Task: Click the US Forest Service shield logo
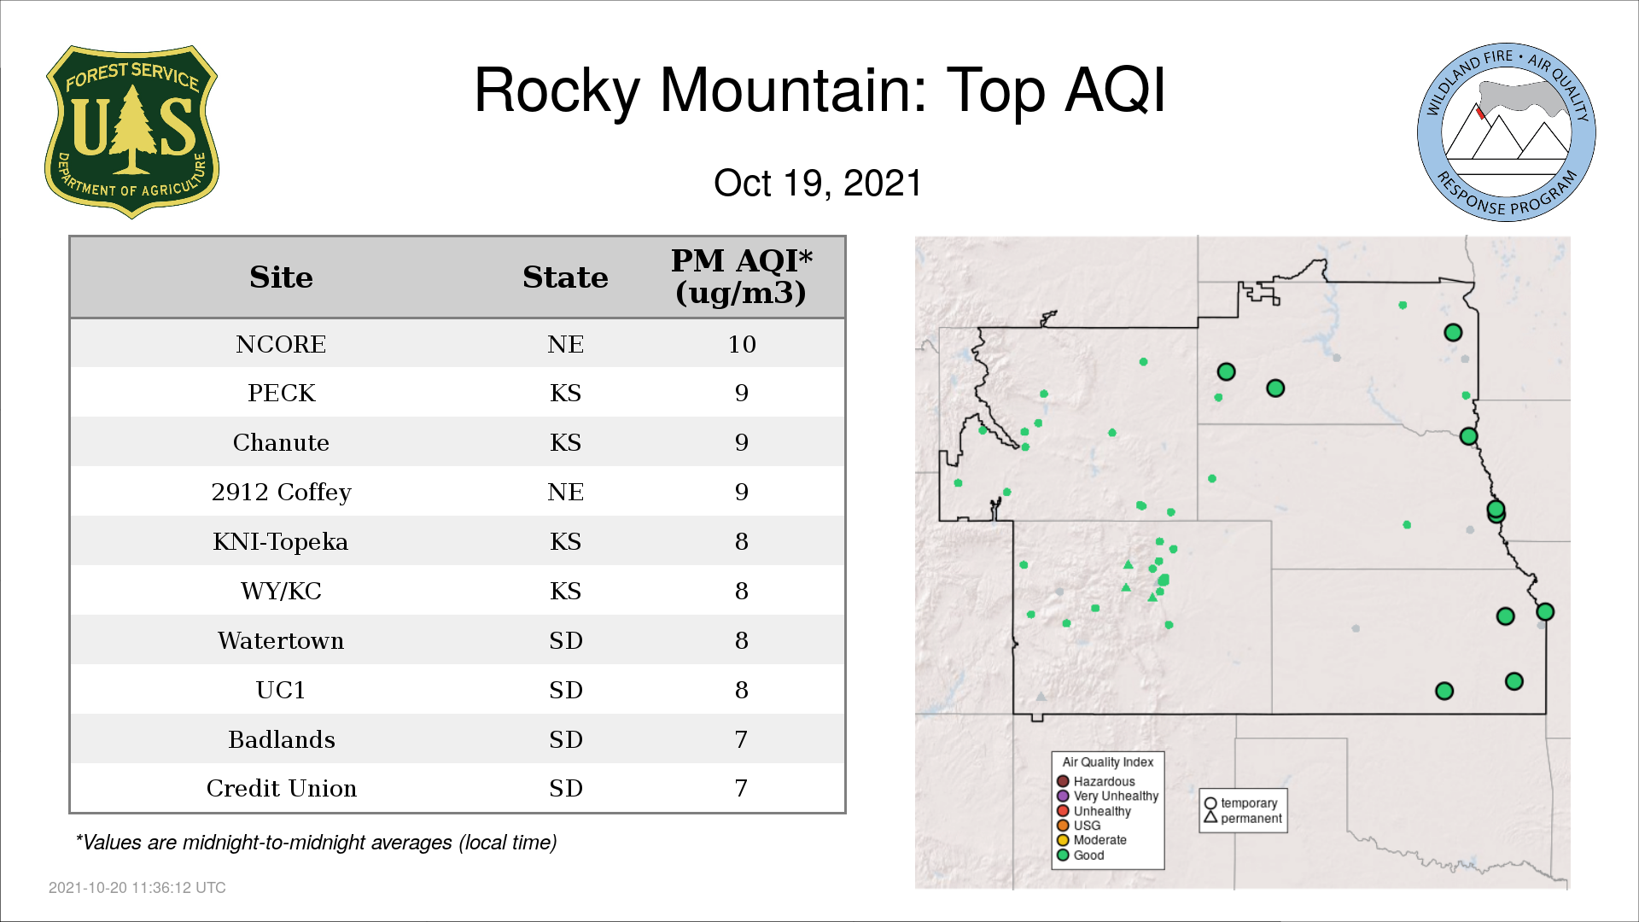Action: click(131, 132)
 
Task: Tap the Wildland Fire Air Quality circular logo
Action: click(1507, 132)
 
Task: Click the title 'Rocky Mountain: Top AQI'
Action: click(819, 90)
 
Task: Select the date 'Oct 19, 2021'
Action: click(818, 183)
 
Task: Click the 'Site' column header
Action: click(281, 277)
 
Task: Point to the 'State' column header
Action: click(565, 277)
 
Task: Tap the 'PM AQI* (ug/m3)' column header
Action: click(741, 277)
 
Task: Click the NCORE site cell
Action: click(281, 344)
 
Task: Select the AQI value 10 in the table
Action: click(742, 344)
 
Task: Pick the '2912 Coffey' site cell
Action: click(281, 493)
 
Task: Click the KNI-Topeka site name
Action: click(281, 542)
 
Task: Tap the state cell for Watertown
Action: click(565, 641)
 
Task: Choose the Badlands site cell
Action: click(281, 739)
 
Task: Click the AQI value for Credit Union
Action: click(741, 789)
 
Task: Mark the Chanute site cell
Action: click(281, 443)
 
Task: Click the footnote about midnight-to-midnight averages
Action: click(316, 843)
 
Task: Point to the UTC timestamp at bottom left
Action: click(137, 888)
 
